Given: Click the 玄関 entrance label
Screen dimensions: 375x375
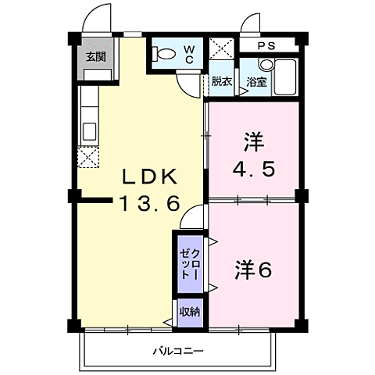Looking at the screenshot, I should [96, 56].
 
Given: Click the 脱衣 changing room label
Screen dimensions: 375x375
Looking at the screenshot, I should [221, 81].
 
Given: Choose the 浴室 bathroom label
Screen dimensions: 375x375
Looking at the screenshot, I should [255, 81].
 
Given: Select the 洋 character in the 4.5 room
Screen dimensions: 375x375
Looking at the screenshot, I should [254, 142].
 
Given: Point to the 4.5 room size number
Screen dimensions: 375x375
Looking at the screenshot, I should [254, 170].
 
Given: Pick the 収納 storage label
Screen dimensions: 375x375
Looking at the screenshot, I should [190, 312].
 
